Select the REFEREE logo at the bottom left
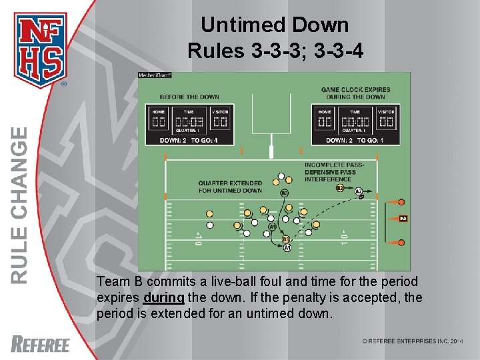point(41,344)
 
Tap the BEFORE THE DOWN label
point(189,97)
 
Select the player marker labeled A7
point(359,192)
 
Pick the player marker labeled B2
point(340,189)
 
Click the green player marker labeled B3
point(285,193)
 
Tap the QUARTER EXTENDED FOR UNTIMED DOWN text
point(230,187)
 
